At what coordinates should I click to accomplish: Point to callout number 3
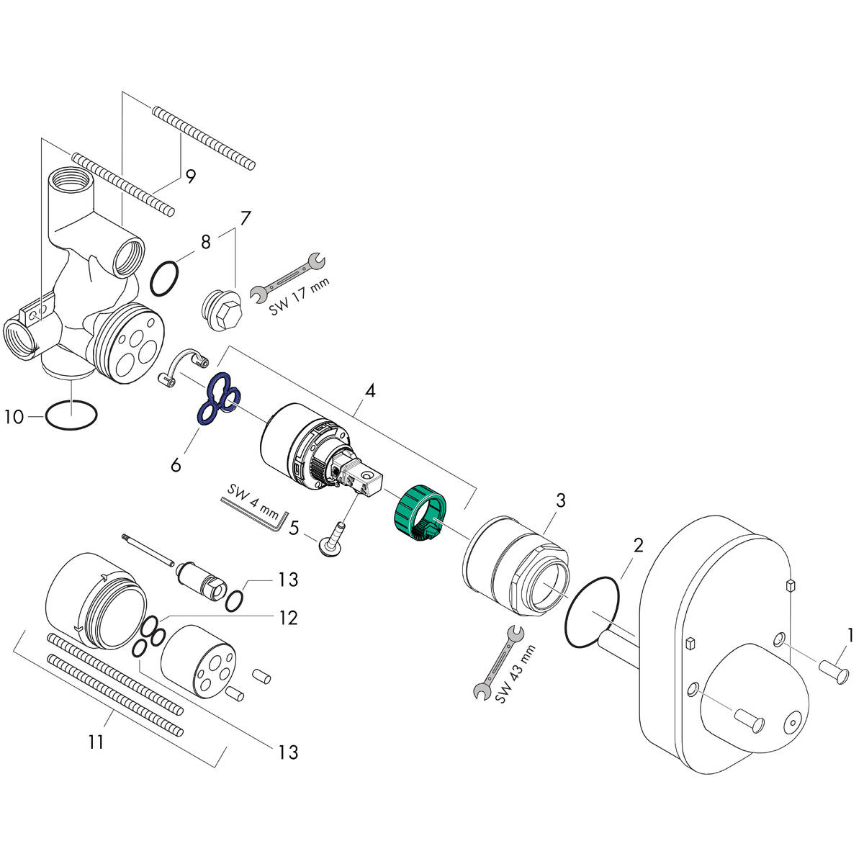(x=560, y=500)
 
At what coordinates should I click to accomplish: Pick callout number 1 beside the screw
(x=850, y=635)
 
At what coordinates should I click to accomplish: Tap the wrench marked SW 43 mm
(x=495, y=663)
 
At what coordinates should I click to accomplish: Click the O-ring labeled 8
(x=165, y=279)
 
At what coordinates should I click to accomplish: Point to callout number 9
(x=189, y=176)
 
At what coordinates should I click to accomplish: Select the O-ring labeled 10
(x=71, y=415)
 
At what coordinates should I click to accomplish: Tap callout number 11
(x=96, y=741)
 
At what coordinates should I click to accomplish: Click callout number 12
(x=288, y=618)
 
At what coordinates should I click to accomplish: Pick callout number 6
(x=176, y=464)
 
